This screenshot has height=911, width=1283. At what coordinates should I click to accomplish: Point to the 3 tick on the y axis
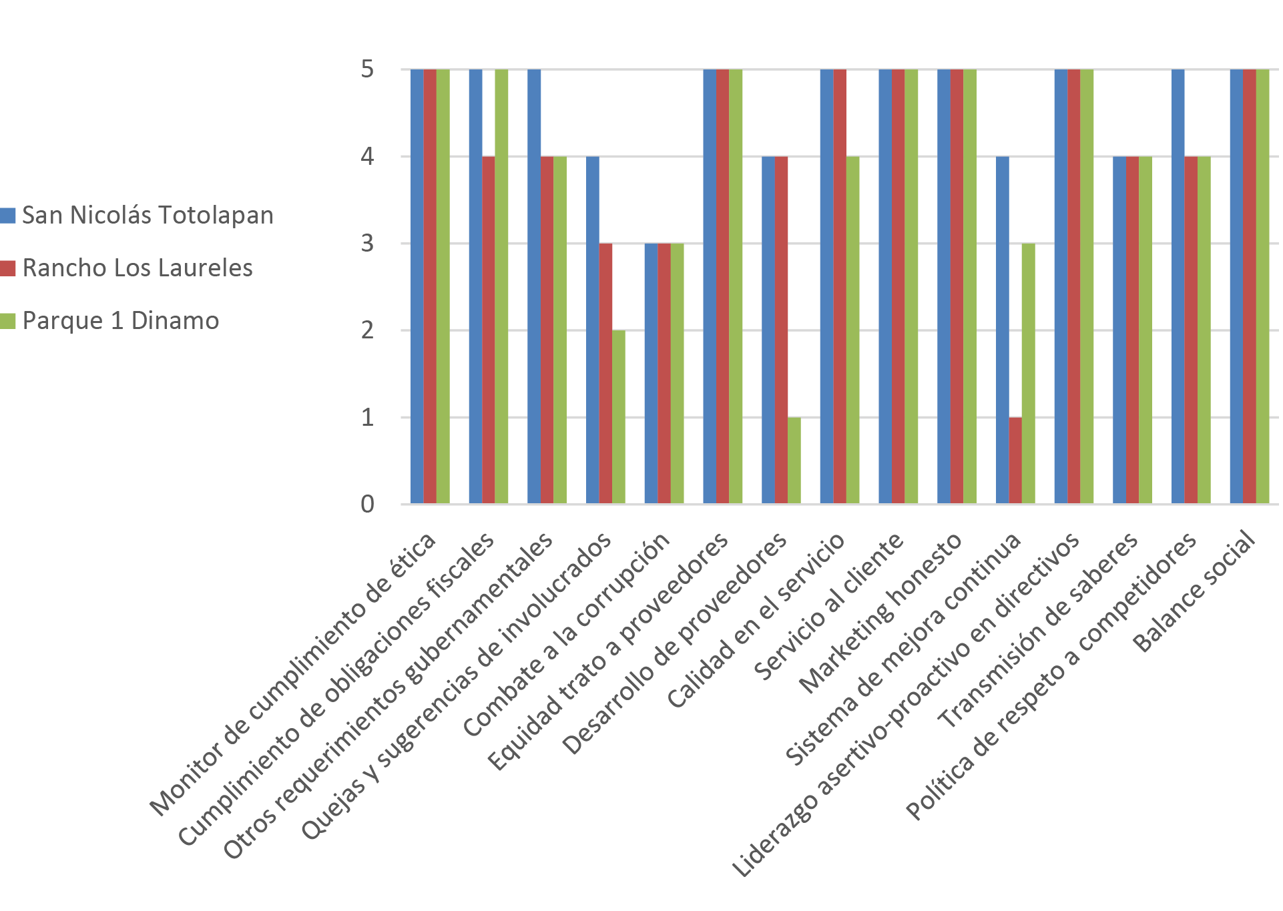coord(367,244)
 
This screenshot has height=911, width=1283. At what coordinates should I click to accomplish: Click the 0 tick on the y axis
coord(367,505)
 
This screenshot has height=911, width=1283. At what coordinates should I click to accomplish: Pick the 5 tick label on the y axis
coord(367,69)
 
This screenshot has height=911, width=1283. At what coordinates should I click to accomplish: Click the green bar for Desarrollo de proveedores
coord(794,461)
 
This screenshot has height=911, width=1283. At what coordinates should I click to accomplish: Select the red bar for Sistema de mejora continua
coord(1015,461)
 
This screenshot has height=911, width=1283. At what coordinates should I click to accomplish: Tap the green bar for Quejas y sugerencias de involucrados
coord(619,417)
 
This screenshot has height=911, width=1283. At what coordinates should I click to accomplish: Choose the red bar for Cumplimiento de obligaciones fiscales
coord(489,330)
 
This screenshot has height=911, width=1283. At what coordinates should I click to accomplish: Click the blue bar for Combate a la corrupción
coord(651,374)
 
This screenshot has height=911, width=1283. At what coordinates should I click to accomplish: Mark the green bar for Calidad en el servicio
coord(853,330)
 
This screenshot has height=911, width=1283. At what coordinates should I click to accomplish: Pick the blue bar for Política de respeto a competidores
coord(1178,287)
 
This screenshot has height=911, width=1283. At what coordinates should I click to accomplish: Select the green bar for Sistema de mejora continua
coord(1029,374)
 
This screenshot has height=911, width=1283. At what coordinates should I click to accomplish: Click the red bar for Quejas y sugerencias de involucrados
coord(605,374)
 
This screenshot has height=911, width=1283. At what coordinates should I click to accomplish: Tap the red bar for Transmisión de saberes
coord(1133,330)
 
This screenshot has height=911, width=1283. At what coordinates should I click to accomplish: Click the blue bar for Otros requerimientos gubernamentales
coord(534,287)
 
